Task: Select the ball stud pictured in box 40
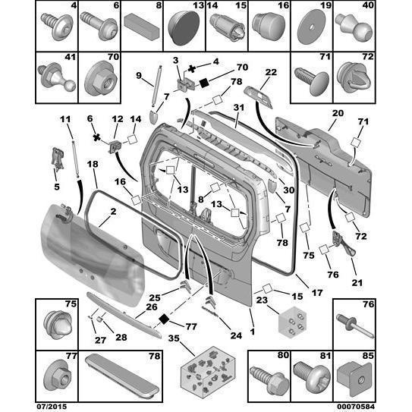pyautogui.click(x=354, y=26)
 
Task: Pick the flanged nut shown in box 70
pyautogui.click(x=98, y=74)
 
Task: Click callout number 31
pyautogui.click(x=237, y=109)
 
